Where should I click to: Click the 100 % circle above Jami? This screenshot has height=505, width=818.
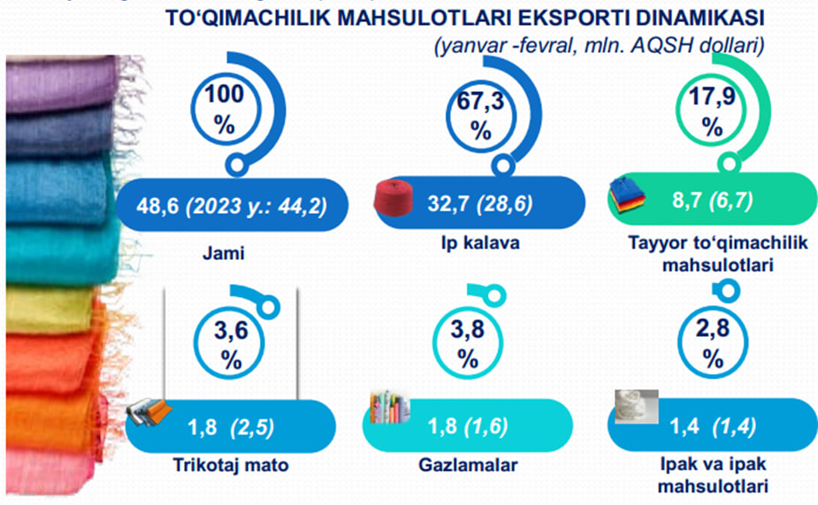coord(192,110)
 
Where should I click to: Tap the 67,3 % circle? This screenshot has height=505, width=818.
coord(447,116)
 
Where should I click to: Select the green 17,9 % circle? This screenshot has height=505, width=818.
coord(677,110)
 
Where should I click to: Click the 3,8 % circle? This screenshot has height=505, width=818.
coord(434,343)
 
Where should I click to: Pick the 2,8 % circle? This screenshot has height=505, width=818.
coord(679,343)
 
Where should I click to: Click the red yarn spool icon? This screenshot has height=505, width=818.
coord(394,197)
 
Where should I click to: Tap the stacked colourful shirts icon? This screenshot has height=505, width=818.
coord(627,195)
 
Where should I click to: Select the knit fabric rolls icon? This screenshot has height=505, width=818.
coord(149,413)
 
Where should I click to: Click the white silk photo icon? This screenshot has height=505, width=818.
coord(637,407)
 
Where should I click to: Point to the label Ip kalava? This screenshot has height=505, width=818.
coord(480,243)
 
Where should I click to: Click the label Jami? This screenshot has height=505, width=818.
coord(223,254)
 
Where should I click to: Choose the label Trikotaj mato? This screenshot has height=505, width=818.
coord(231,465)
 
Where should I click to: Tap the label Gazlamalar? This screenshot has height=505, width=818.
coord(468,465)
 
